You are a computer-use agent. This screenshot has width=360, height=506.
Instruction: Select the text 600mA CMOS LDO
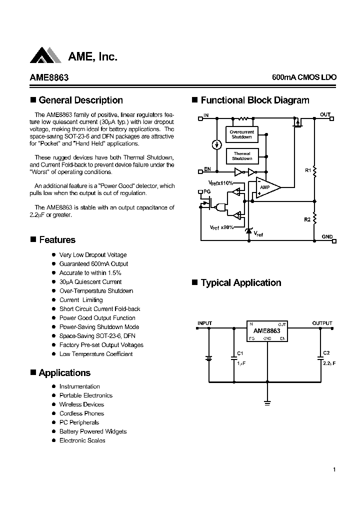pos(304,78)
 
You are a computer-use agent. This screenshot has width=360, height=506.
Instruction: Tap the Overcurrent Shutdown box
pos(241,134)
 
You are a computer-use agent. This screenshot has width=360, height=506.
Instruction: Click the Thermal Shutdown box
pos(241,156)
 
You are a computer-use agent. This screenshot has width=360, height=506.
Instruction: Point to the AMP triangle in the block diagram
pos(265,187)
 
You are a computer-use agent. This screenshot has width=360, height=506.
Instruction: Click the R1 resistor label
pos(307,171)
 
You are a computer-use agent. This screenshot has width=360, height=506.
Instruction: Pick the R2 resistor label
pos(307,219)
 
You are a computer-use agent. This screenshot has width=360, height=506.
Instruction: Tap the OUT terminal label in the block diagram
pos(325,115)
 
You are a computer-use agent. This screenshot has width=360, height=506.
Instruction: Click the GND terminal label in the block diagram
pos(326,236)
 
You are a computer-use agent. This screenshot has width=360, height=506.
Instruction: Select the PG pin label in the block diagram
pos(207,191)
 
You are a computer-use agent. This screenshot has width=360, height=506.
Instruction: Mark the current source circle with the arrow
pos(216,144)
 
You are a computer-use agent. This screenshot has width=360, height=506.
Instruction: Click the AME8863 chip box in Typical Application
pos(266,331)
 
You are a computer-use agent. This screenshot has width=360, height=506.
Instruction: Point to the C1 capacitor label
pos(240,353)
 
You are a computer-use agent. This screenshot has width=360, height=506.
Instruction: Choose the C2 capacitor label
pos(326,353)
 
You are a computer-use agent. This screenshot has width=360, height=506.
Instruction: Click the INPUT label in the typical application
pos(205,323)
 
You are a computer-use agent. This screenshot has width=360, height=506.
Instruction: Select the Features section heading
pos(56,240)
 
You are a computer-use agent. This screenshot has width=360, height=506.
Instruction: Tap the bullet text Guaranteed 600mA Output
pos(93,264)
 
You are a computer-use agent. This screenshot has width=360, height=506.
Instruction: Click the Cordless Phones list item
pos(81,413)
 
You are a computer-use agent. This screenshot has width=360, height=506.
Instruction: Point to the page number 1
pos(333,469)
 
